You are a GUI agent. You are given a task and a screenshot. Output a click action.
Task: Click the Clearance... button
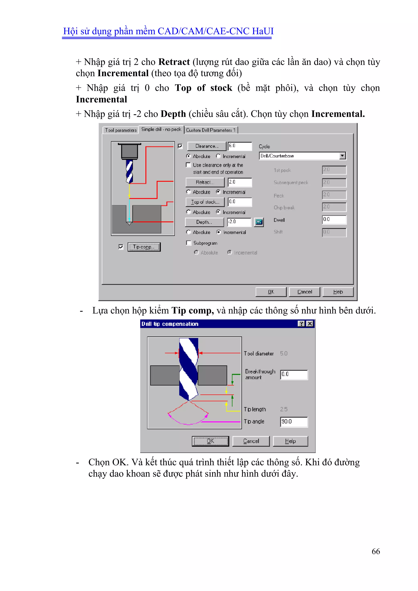[207, 146]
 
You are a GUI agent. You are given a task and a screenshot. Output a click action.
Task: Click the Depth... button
[204, 222]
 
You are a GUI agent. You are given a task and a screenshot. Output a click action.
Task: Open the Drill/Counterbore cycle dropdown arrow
[342, 156]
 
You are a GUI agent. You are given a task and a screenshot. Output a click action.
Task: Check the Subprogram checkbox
[189, 243]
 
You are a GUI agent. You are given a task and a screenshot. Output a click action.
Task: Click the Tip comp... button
[144, 247]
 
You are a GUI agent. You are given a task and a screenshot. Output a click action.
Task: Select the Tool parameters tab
[121, 130]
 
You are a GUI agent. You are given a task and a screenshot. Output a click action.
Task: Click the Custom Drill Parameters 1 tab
[211, 130]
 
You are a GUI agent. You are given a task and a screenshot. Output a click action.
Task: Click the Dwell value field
[334, 220]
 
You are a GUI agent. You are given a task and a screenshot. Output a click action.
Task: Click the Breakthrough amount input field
[294, 375]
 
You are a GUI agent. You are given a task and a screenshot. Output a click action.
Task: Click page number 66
[376, 551]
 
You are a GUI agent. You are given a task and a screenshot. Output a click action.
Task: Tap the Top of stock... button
[205, 202]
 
